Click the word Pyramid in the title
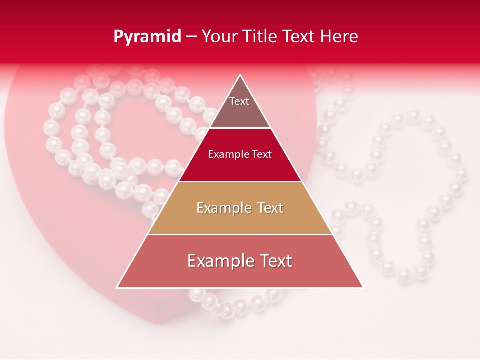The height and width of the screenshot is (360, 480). pos(147,37)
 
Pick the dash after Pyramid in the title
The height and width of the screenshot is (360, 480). pos(191,37)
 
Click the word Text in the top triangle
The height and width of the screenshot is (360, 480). pos(239,101)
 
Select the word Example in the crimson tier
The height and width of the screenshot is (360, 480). pos(227,154)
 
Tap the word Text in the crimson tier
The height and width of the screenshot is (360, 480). pos(262,154)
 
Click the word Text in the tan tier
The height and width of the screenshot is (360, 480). pos(270,208)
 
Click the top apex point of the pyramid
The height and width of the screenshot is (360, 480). pos(240,75)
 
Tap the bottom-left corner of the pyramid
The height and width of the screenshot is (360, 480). pos(117,287)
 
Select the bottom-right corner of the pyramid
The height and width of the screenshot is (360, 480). pos(362,287)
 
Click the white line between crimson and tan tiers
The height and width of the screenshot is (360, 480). pos(240,181)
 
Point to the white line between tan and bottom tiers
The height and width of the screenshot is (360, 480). pos(240,234)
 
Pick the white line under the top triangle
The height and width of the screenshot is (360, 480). pos(240,128)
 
